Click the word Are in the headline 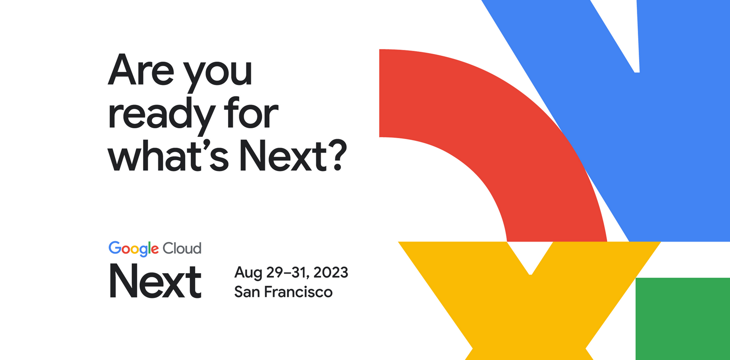tap(141, 71)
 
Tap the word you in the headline tap(219, 74)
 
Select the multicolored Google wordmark tap(134, 248)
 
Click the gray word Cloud tap(182, 248)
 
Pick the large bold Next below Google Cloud tap(155, 282)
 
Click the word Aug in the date tap(248, 273)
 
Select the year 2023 tap(331, 272)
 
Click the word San tap(247, 292)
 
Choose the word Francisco tap(298, 292)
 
